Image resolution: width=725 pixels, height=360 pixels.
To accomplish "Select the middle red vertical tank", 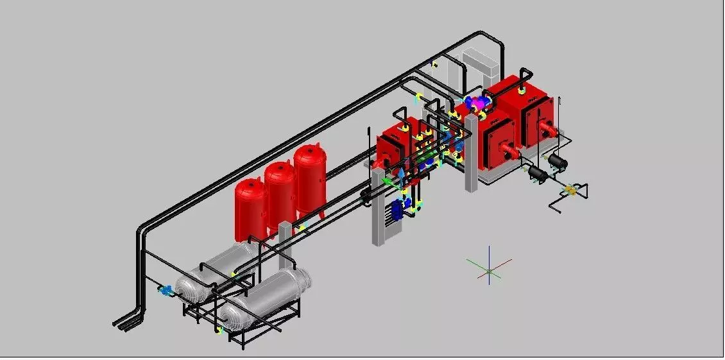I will [x=280, y=190].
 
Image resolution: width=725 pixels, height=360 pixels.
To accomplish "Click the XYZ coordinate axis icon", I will [x=489, y=271].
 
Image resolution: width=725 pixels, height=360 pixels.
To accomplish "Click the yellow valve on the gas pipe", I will [x=570, y=189].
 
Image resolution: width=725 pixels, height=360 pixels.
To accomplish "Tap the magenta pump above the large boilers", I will [x=476, y=103].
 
